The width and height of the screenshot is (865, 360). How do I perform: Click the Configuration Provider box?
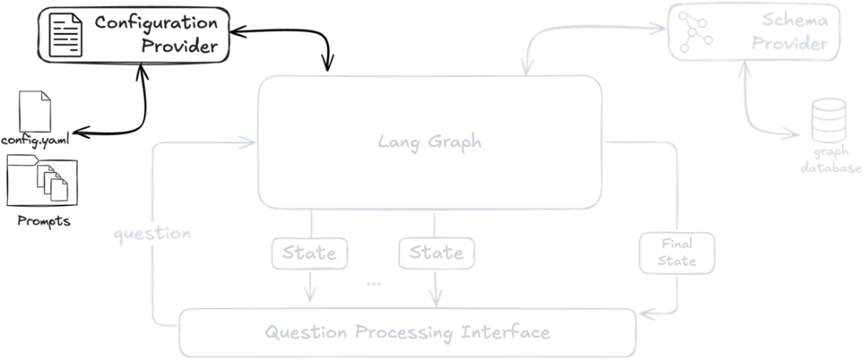(x=134, y=34)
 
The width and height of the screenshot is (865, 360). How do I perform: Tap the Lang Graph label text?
(x=429, y=142)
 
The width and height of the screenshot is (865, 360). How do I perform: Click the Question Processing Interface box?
(x=407, y=332)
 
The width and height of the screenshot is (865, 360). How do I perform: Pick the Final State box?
(x=677, y=252)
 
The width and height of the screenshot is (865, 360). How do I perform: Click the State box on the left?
(x=309, y=253)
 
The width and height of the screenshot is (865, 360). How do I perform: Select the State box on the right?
(x=436, y=253)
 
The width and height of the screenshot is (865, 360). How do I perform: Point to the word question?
(x=152, y=234)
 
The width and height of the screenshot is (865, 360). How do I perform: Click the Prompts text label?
(x=44, y=221)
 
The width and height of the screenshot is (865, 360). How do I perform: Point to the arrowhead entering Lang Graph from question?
(x=250, y=142)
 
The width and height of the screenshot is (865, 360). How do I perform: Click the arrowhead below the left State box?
(x=309, y=296)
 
